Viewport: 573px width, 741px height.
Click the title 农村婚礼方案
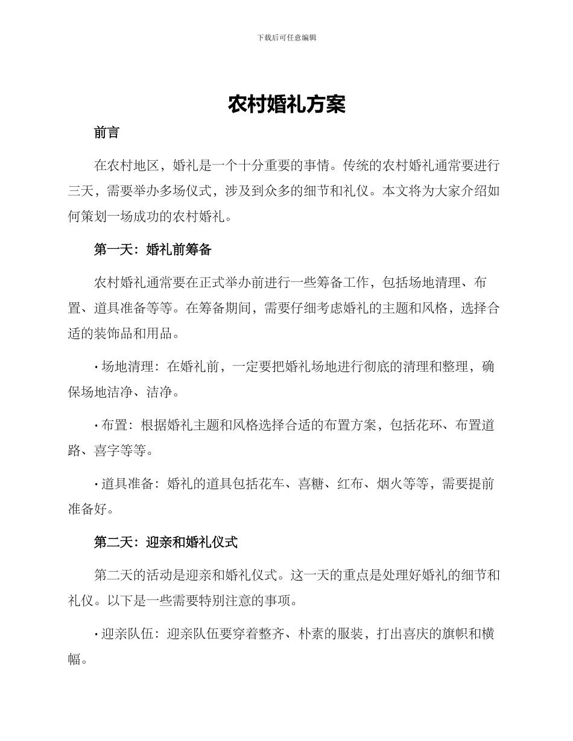click(286, 104)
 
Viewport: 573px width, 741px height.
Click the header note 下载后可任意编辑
click(286, 37)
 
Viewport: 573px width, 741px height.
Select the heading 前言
click(107, 133)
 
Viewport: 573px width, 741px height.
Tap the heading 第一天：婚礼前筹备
click(153, 249)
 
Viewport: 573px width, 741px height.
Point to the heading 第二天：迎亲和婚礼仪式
click(166, 542)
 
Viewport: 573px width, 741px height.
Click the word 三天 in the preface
click(81, 191)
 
